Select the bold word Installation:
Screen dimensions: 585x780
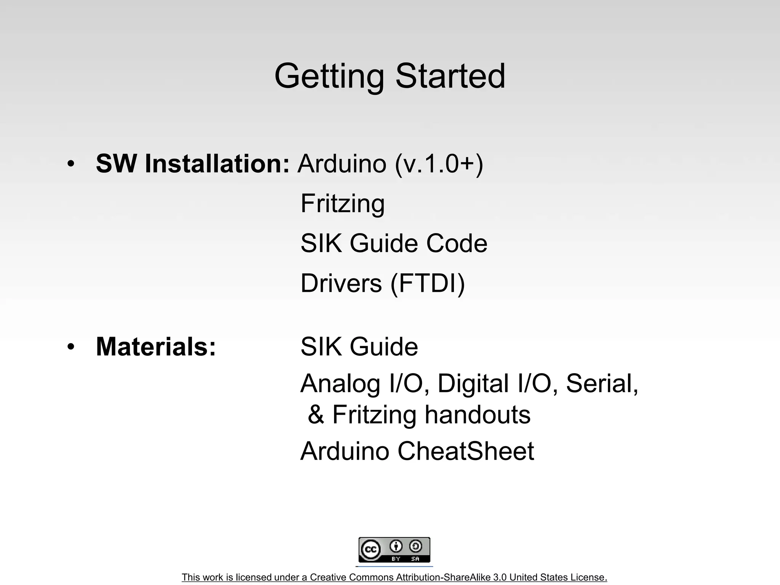point(217,164)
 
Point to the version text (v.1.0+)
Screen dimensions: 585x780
point(439,165)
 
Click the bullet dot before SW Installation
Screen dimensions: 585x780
point(70,165)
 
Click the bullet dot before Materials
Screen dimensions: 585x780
point(70,347)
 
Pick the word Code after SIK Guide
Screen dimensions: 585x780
point(457,243)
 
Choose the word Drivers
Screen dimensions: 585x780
point(341,283)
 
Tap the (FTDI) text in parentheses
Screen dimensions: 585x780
point(428,284)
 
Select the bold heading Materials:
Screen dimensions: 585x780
point(156,347)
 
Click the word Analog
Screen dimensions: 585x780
point(340,384)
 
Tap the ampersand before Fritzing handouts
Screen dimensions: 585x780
point(316,415)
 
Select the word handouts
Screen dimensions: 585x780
point(477,415)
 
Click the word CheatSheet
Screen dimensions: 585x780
point(465,451)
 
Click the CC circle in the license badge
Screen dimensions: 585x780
point(371,550)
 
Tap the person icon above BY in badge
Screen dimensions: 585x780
point(396,547)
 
